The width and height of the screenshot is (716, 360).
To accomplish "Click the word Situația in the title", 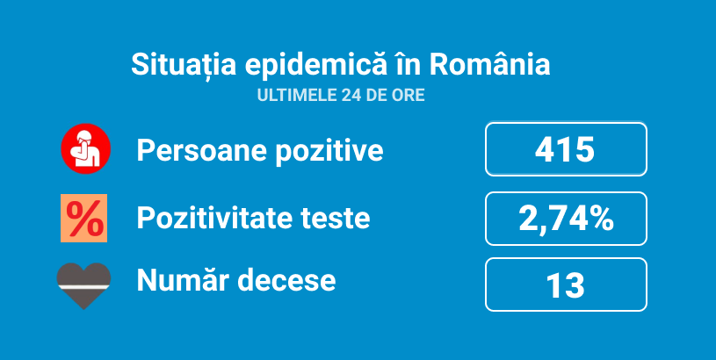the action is point(184,66).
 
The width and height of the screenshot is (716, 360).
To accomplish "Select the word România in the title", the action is point(489,65).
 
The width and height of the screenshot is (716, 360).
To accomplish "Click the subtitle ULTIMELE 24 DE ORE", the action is point(341,96).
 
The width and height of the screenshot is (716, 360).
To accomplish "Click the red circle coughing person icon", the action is point(86,148).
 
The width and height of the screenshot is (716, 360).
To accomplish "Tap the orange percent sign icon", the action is point(84,218).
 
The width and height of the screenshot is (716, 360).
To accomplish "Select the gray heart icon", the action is point(84,286).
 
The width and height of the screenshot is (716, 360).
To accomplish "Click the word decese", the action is point(286,280).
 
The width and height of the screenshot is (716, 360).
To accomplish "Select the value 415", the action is point(565,149).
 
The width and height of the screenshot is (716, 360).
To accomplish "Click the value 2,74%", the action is point(567,219).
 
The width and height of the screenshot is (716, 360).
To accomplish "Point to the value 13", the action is point(565,285).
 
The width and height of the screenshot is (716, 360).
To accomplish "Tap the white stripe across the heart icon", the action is point(84,286).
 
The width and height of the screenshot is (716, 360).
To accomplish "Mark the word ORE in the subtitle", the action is point(409,96).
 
